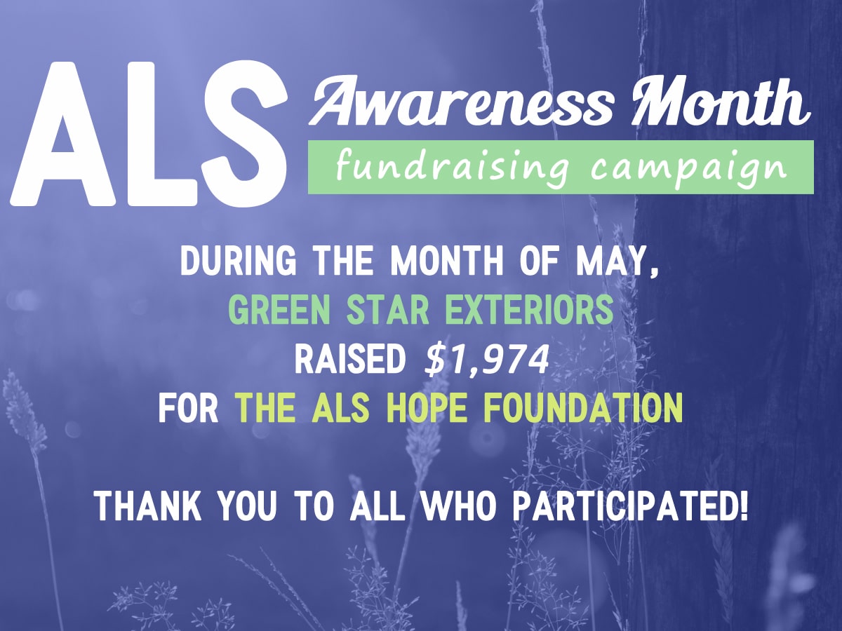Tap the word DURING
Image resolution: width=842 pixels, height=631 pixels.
click(238, 262)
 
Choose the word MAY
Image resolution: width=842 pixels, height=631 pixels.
click(617, 263)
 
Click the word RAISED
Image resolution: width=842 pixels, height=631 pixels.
click(350, 360)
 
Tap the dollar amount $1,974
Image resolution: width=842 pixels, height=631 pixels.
click(486, 361)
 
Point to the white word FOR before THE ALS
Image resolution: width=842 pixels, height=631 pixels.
click(188, 409)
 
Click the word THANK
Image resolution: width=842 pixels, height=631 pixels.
click(148, 506)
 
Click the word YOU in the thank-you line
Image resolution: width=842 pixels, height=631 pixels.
click(247, 506)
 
